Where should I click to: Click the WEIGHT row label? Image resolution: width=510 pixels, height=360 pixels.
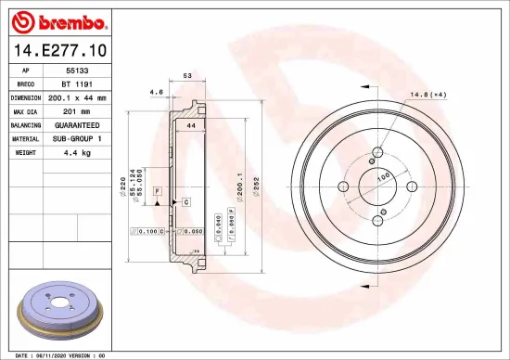tap(25, 150)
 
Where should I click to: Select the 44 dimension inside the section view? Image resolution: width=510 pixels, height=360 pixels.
tap(189, 124)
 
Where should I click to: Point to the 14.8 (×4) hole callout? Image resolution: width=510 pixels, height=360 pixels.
tap(429, 93)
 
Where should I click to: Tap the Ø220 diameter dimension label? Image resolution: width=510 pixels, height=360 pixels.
tap(123, 189)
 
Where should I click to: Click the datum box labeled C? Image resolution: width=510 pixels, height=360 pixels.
tap(185, 201)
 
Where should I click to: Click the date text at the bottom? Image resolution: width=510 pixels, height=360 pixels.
tap(56, 354)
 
